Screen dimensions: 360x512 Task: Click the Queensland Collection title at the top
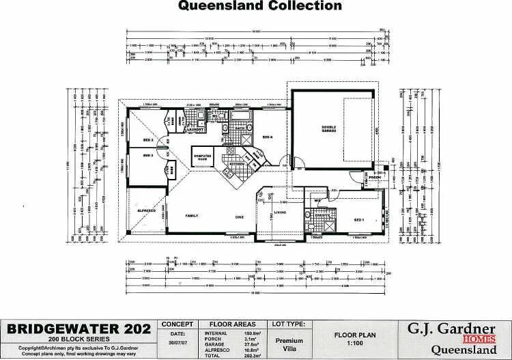[x=259, y=7]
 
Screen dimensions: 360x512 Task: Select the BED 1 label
[x=360, y=219]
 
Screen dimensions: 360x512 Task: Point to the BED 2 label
[x=148, y=140]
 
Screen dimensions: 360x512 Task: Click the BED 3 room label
[x=148, y=156]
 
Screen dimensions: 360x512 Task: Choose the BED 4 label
[x=268, y=137]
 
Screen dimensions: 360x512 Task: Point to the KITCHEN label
[x=236, y=164]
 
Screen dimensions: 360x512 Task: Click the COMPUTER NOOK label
[x=204, y=156]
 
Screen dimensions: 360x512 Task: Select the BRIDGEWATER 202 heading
[x=79, y=329]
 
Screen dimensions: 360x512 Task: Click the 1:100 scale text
[x=352, y=344]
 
